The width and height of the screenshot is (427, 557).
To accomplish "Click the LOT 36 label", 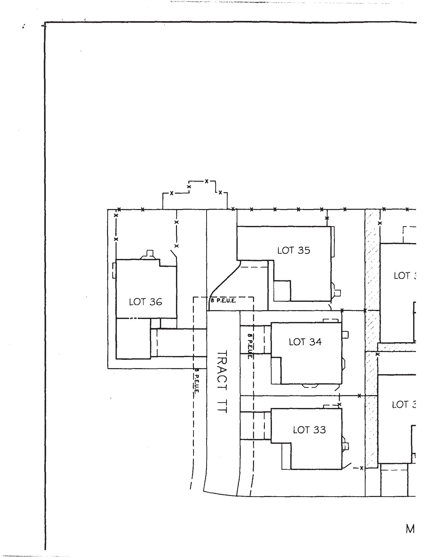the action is [x=145, y=302].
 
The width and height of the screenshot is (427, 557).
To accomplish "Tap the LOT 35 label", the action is [x=294, y=250].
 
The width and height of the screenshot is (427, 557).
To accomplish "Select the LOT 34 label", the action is [x=305, y=342].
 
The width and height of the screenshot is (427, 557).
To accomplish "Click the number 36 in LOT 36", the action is [x=156, y=302].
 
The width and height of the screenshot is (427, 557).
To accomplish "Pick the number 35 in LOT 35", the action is [x=304, y=250].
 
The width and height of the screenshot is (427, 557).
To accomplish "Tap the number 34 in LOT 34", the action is [x=315, y=342].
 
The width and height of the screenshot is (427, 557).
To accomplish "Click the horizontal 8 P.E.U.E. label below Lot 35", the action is [x=223, y=301].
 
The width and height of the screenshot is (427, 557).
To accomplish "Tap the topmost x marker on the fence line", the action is [x=206, y=181].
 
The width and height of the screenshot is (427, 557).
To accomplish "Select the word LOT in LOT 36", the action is [x=135, y=302].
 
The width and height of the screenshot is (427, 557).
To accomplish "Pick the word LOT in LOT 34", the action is [x=295, y=342].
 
